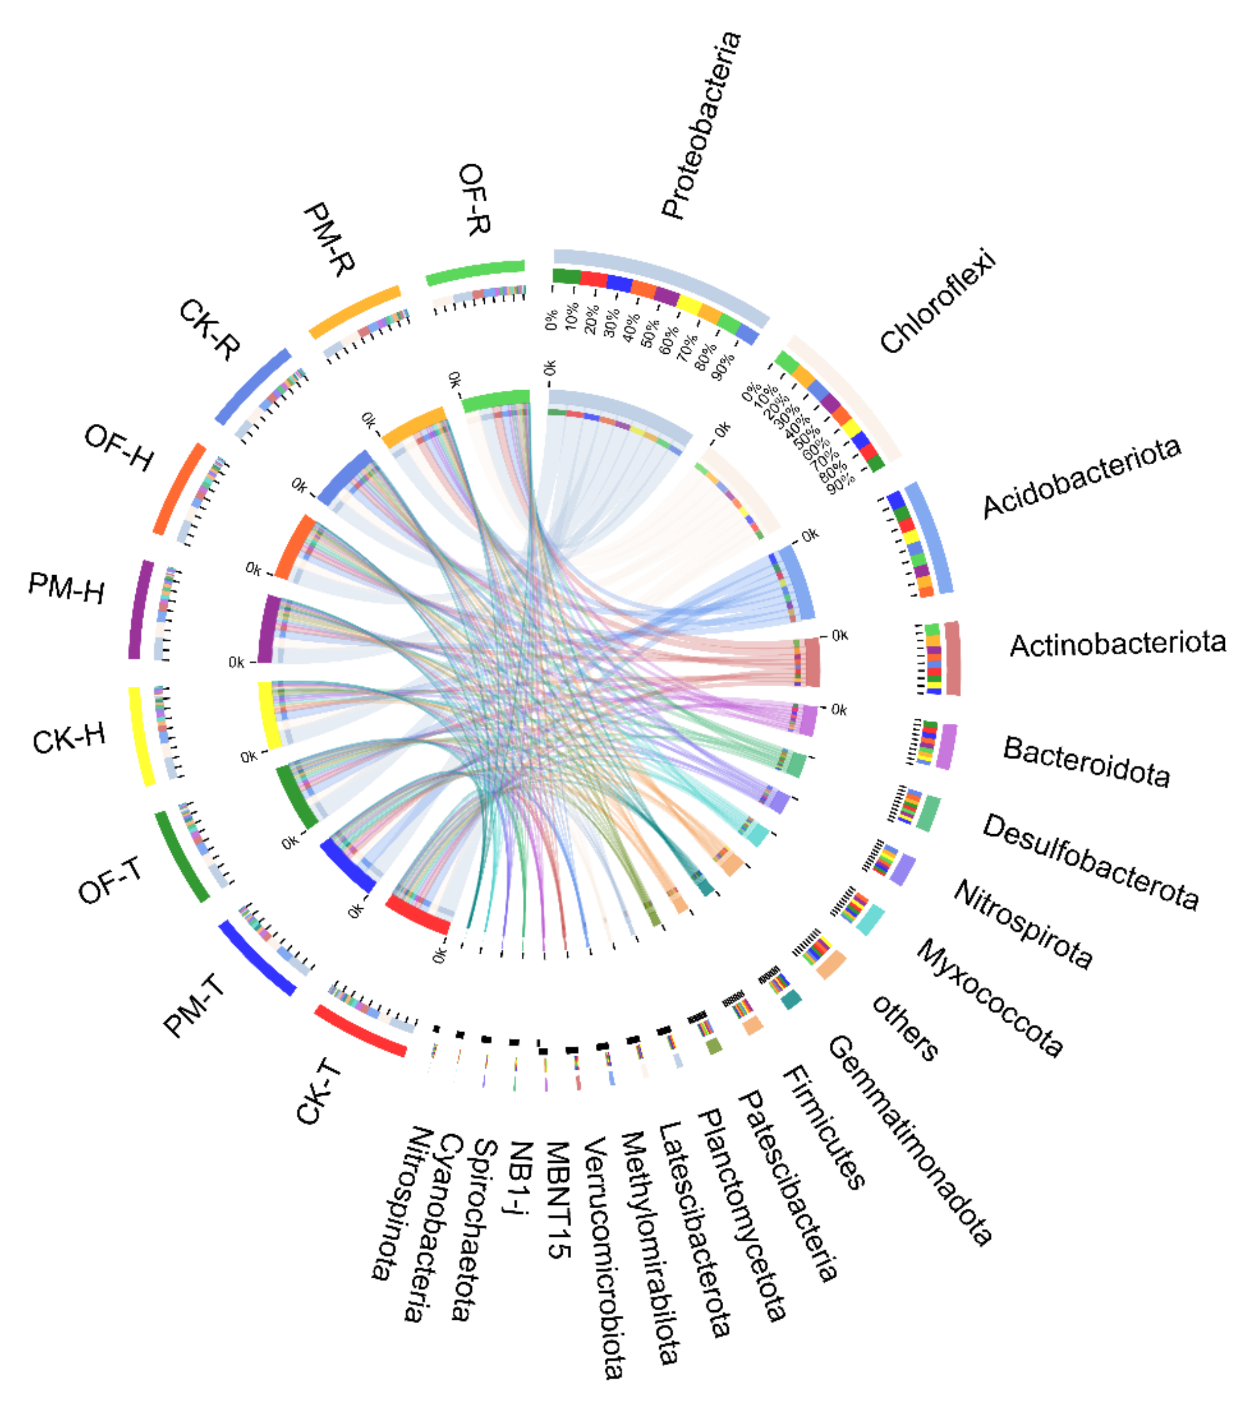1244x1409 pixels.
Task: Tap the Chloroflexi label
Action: click(x=938, y=301)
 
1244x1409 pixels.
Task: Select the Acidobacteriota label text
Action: click(x=1081, y=477)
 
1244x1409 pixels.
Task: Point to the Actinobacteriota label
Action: click(x=1117, y=644)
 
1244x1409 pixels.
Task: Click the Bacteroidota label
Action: click(x=1086, y=762)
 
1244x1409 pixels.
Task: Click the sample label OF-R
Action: click(x=474, y=199)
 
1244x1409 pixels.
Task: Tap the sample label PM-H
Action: click(x=66, y=588)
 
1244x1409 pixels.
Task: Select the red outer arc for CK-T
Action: click(x=360, y=1031)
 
